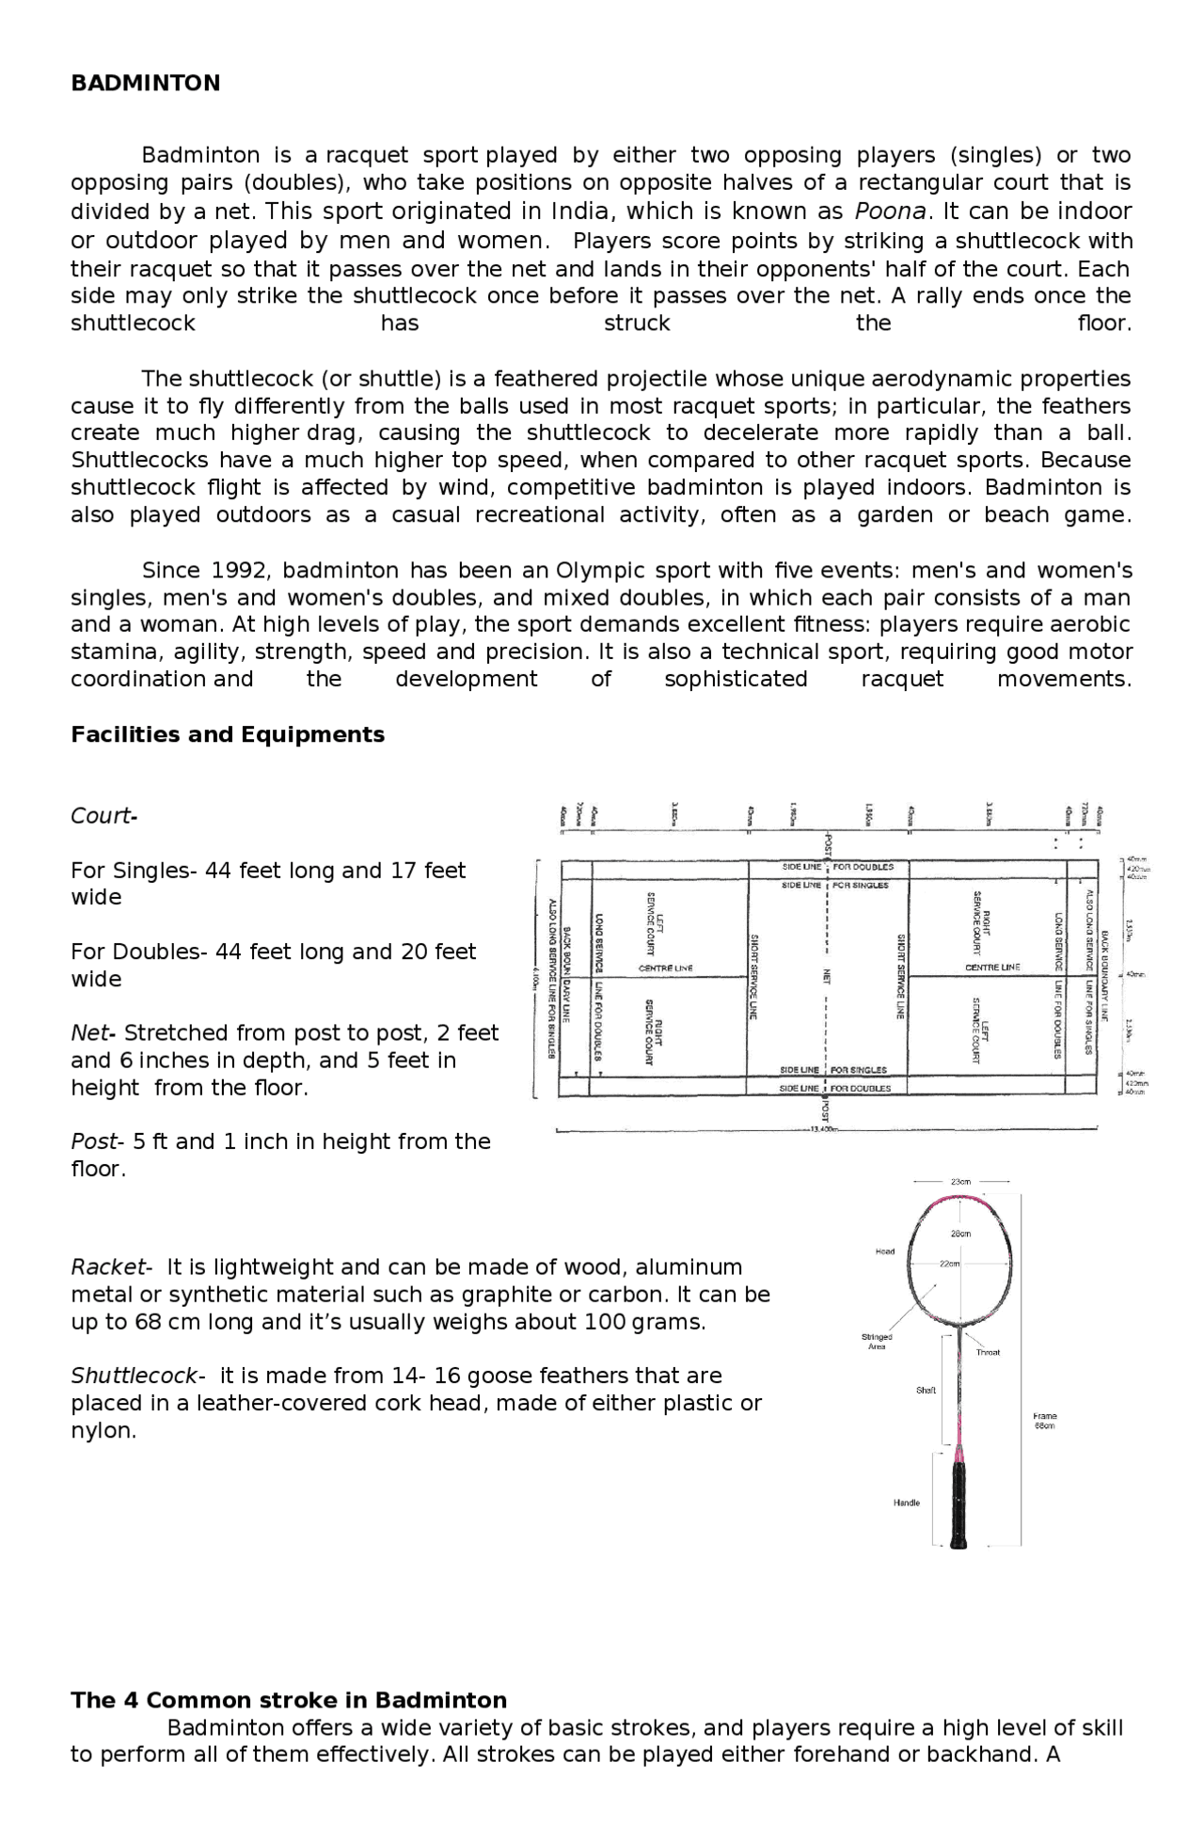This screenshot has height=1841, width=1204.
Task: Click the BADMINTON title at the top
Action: tap(145, 84)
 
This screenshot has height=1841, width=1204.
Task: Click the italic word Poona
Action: tap(889, 211)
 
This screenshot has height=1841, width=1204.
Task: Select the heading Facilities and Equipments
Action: tap(228, 734)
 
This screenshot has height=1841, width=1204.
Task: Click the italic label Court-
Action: tap(103, 815)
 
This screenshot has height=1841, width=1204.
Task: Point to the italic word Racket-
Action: tap(111, 1267)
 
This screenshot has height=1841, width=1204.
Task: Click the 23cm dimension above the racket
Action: tap(960, 1181)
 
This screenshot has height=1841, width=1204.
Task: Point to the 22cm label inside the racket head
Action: tap(950, 1264)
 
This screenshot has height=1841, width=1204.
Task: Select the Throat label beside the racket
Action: tap(988, 1352)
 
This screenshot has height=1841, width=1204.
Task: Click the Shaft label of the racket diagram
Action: tap(926, 1390)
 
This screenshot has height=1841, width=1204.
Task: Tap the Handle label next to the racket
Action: tap(906, 1503)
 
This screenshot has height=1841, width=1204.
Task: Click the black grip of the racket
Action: tap(958, 1504)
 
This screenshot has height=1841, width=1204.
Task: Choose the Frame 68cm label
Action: tap(1044, 1420)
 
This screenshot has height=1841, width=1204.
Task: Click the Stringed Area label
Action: tap(877, 1341)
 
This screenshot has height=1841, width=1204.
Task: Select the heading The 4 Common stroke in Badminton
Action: tap(289, 1700)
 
